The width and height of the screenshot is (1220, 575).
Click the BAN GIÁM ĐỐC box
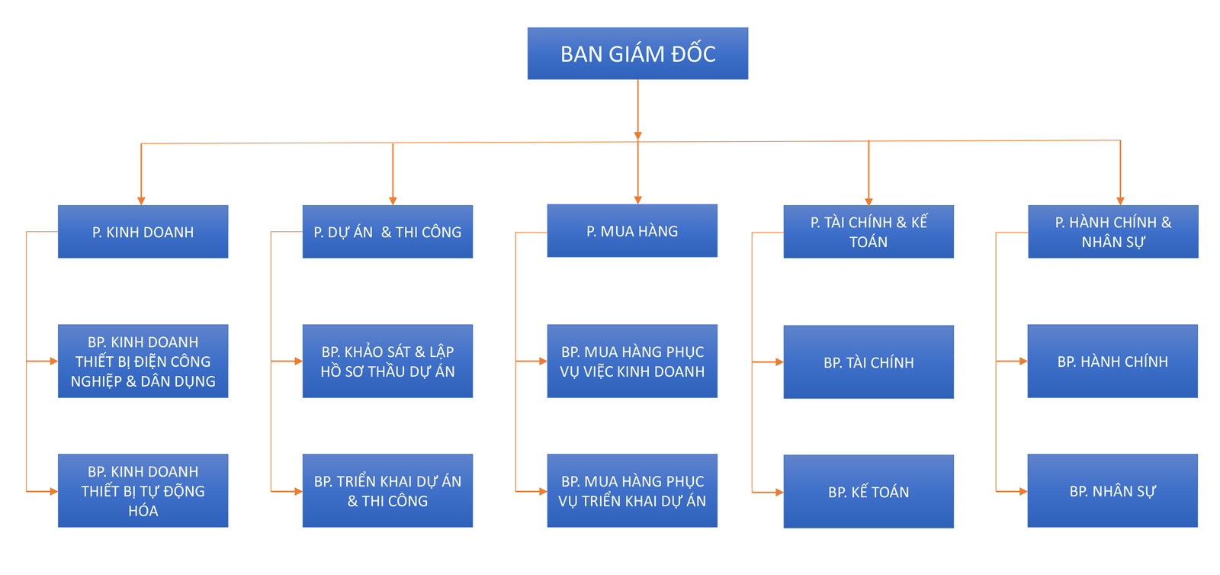(637, 53)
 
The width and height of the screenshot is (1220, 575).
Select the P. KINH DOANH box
(143, 232)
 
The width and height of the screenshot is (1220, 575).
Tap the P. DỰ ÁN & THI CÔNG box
(387, 232)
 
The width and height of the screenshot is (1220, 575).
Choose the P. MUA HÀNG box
(632, 231)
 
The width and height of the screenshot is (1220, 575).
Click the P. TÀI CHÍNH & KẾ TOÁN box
(868, 232)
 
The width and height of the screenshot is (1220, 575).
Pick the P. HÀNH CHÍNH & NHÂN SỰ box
(1112, 232)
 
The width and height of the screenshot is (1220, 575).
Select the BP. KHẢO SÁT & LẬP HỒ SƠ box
(387, 361)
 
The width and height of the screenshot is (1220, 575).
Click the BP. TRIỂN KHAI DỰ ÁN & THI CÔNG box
(387, 491)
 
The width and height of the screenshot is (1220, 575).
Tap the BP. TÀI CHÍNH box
(868, 362)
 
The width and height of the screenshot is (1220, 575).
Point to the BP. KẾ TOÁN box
(868, 492)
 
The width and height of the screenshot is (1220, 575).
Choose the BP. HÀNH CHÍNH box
(1112, 361)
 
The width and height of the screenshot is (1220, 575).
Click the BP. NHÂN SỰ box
(1112, 491)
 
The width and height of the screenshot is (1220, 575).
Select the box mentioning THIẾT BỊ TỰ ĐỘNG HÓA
(143, 491)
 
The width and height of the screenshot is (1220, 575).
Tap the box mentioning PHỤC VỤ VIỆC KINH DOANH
(632, 361)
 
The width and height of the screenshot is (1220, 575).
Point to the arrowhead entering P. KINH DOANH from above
(141, 201)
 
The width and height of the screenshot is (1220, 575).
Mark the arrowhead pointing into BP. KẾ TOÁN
(779, 493)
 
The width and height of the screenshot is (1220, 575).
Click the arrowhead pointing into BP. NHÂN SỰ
(1023, 492)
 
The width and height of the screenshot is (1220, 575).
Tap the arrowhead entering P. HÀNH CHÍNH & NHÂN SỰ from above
(1120, 201)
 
